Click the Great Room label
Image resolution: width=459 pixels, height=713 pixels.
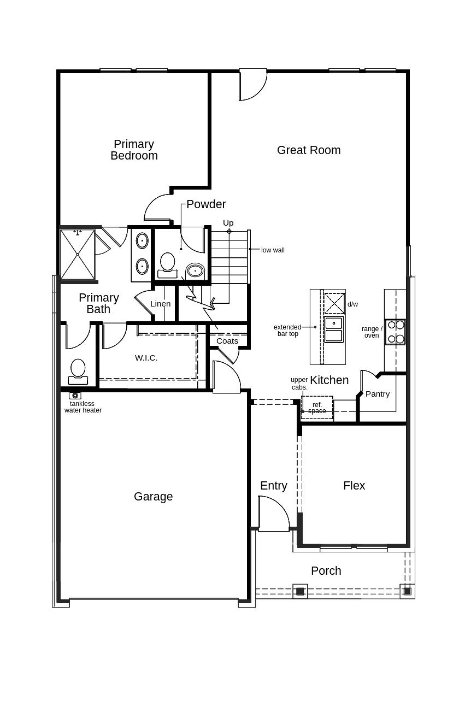(x=308, y=150)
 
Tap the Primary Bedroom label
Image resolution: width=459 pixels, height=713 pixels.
(x=134, y=150)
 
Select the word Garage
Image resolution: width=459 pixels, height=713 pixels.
(x=153, y=497)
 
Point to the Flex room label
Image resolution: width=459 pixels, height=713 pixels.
(x=354, y=486)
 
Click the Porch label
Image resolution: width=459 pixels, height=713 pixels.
(x=326, y=571)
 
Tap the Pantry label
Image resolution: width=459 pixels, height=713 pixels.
(x=378, y=394)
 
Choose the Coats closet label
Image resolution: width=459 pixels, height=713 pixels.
(x=227, y=341)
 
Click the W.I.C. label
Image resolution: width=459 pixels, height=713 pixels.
(x=146, y=358)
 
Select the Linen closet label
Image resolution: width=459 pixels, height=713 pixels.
(x=161, y=304)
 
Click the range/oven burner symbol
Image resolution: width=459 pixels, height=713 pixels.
(x=395, y=332)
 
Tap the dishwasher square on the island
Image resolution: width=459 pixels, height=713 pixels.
(x=334, y=303)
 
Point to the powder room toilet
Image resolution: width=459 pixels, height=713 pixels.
(x=167, y=266)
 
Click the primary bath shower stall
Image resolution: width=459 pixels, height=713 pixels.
(x=78, y=254)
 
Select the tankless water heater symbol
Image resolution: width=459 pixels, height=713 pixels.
(x=75, y=396)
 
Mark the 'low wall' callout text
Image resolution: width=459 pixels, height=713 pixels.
(x=273, y=250)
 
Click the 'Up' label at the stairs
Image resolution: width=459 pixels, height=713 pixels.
(x=228, y=223)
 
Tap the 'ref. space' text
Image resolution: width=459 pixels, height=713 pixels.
(x=317, y=408)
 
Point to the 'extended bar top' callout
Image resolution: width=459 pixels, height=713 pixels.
(x=287, y=331)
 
